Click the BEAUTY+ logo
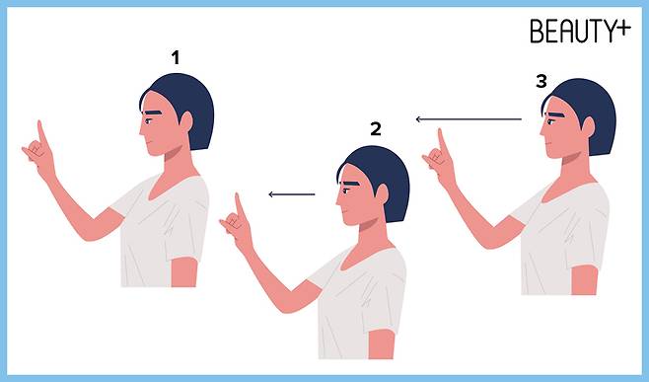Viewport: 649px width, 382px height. (x=580, y=31)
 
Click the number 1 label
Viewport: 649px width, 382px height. (x=176, y=57)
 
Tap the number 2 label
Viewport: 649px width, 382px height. (x=376, y=129)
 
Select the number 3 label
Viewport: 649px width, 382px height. (x=541, y=81)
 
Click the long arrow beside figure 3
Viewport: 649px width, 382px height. (x=469, y=119)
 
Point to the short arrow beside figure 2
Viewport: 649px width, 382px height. (x=292, y=193)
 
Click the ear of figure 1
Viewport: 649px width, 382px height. (x=186, y=121)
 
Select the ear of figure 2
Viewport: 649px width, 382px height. (x=382, y=194)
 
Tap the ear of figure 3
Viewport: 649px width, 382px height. (x=588, y=127)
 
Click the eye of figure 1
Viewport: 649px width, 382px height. (x=148, y=121)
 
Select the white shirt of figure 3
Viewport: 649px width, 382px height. (x=563, y=236)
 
